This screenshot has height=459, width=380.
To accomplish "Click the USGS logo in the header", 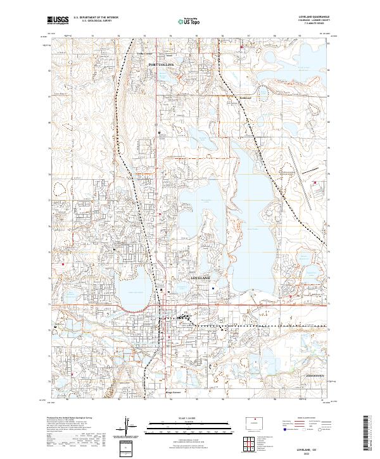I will point(58,20).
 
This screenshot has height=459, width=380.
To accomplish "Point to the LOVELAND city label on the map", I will point(199,278).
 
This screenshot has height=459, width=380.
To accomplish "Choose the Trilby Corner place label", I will point(146,53).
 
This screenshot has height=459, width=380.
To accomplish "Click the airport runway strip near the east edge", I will point(296,154).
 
